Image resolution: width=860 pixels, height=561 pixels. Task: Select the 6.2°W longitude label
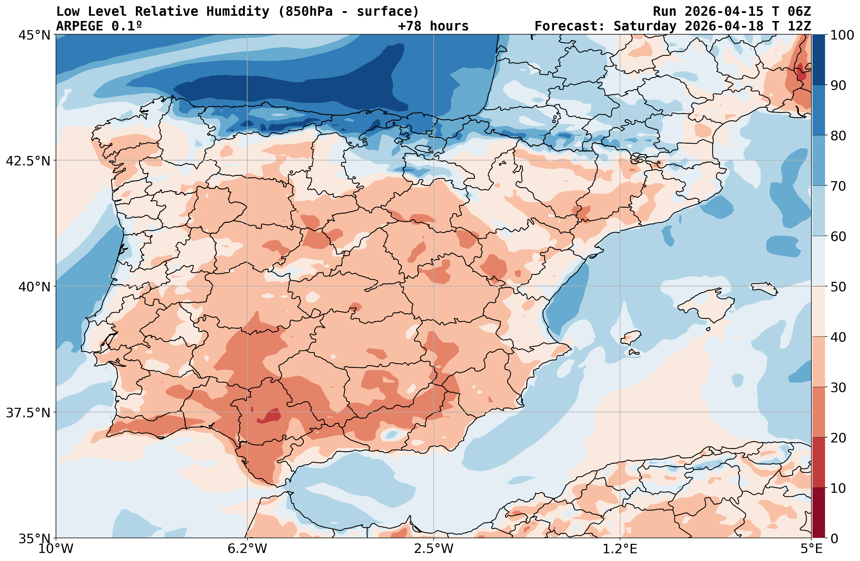coord(247,549)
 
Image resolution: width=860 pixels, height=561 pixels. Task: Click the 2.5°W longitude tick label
coord(433,549)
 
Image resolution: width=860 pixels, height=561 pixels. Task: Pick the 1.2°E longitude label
coord(620,549)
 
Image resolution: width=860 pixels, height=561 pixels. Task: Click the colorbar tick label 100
coord(841,35)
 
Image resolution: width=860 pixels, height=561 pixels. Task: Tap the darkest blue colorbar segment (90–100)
coord(818,60)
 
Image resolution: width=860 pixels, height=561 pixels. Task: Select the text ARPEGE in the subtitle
coord(79,26)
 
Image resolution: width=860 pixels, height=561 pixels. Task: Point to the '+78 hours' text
coord(433,26)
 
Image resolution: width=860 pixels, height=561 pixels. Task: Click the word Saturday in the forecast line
coord(644,26)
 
